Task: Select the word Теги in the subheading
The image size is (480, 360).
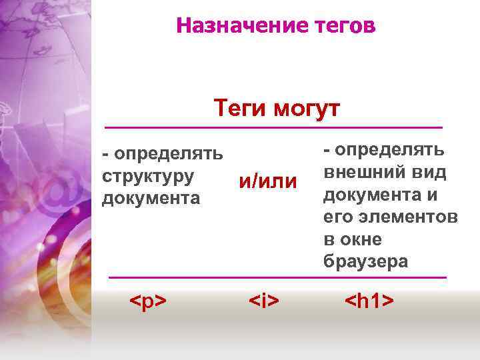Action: [237, 109]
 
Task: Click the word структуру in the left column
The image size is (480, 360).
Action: [148, 176]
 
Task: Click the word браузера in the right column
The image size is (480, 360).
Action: [366, 261]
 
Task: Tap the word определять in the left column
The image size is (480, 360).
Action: [167, 154]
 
